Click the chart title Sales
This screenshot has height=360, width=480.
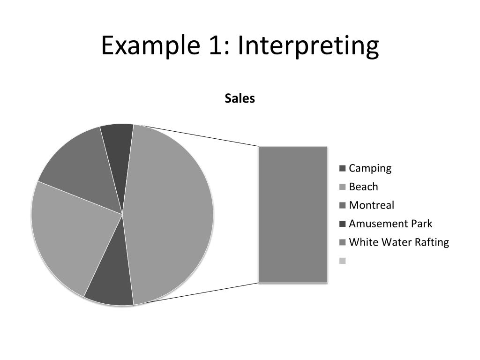tap(240, 98)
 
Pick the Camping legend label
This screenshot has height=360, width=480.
tap(370, 168)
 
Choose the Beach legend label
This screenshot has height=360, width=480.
tap(363, 187)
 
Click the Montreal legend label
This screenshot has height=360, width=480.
tap(371, 205)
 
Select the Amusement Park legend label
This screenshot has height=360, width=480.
tap(390, 224)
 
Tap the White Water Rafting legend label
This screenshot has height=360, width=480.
tap(399, 242)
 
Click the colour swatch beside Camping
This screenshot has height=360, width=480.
tap(342, 168)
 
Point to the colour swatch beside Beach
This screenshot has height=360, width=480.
tap(342, 187)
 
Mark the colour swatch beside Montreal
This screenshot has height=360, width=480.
tap(342, 205)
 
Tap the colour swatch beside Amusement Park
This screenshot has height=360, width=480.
tap(342, 224)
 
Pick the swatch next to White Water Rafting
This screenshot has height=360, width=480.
tap(342, 242)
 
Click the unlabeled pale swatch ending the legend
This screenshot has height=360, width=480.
tap(342, 261)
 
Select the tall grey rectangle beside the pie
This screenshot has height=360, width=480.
tap(293, 215)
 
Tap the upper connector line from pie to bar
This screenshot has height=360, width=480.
tap(197, 136)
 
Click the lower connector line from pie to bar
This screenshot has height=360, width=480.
tap(197, 294)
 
